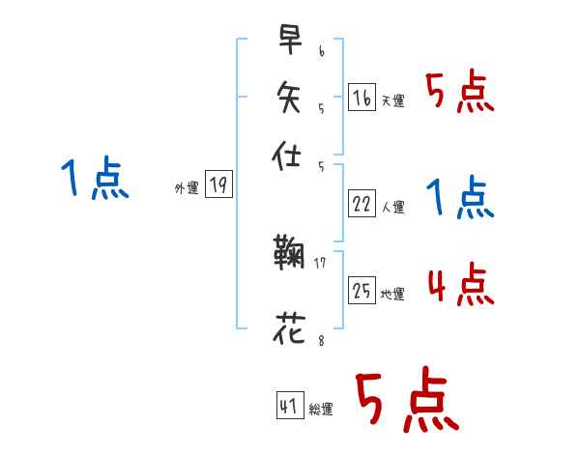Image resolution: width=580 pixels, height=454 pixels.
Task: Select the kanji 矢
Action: click(290, 97)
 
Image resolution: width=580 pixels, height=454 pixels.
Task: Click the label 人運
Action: click(393, 207)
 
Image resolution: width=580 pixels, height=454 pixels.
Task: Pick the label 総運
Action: click(321, 410)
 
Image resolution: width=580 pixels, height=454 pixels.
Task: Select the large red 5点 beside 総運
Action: click(407, 401)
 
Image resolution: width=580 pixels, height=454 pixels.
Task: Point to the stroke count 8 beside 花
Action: click(320, 338)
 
